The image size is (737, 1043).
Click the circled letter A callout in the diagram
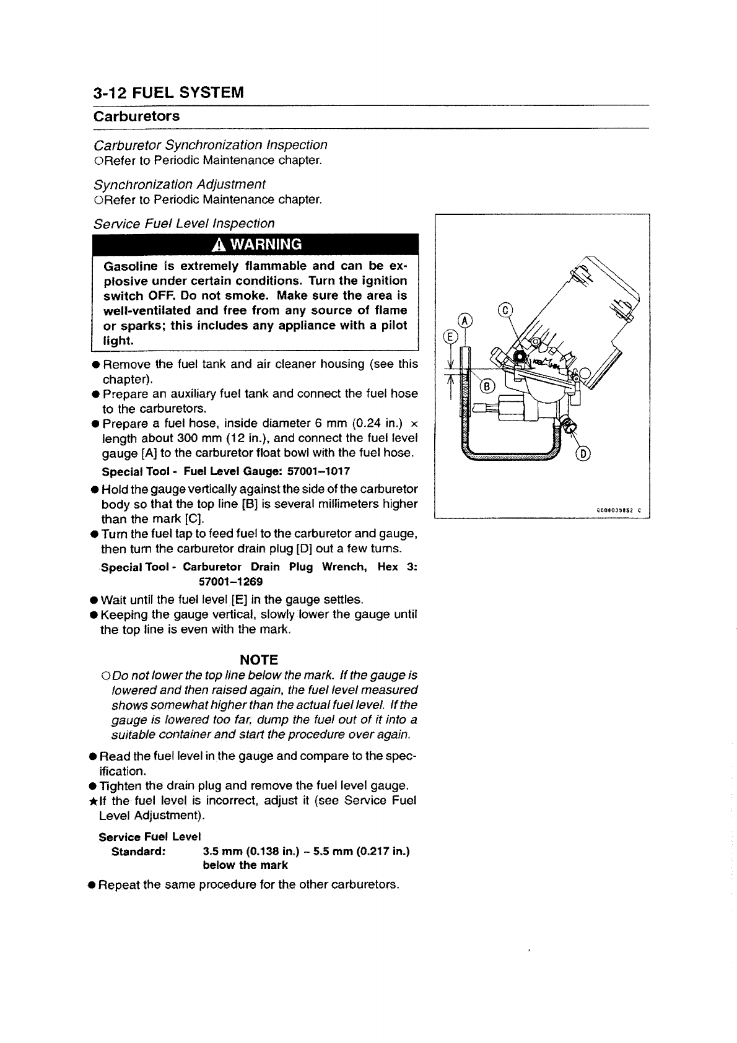tap(464, 320)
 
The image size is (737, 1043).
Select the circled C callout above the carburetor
tap(506, 310)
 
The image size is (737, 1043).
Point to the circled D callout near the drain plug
tap(583, 453)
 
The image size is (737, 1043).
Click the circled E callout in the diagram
tap(451, 336)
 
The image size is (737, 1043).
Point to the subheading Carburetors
tap(136, 116)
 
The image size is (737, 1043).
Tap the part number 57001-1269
tap(230, 582)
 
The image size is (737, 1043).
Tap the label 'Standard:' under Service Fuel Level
tap(137, 851)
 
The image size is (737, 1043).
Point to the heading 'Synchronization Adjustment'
tap(179, 184)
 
